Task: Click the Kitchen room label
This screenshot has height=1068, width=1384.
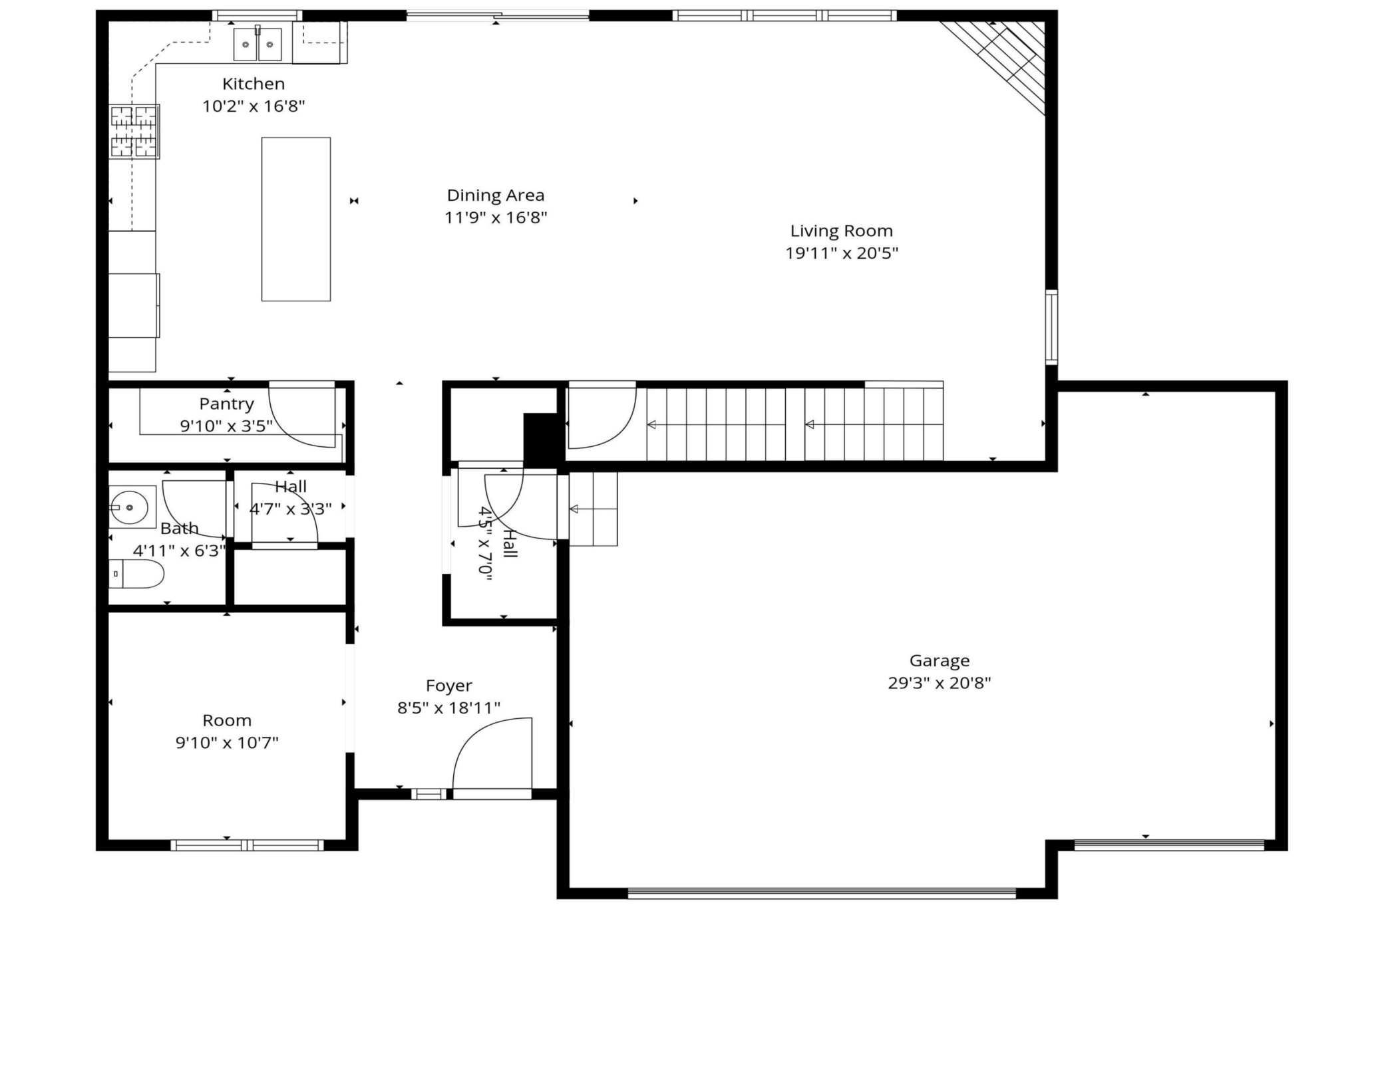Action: [x=254, y=84]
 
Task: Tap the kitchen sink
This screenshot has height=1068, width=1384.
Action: [x=258, y=45]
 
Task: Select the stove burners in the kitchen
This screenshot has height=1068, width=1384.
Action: [x=134, y=132]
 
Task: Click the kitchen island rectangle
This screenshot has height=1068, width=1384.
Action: [x=296, y=219]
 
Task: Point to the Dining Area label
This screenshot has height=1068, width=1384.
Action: [x=496, y=196]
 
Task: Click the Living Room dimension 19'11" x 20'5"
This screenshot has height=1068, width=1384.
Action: [x=842, y=253]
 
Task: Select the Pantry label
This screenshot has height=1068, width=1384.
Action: [x=226, y=404]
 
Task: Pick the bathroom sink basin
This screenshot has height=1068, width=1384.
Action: [x=130, y=507]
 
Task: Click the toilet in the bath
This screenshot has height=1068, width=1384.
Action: [x=136, y=574]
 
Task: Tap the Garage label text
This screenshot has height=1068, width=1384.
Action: [x=940, y=661]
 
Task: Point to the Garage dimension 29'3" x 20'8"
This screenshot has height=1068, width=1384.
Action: [x=940, y=683]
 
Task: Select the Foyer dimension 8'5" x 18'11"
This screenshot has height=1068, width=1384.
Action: [x=449, y=708]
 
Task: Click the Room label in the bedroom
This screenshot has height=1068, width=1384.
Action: [x=227, y=721]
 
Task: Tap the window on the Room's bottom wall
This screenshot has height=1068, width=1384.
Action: [x=247, y=845]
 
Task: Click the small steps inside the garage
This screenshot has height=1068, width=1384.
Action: [x=593, y=509]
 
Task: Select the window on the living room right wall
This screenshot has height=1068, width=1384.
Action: [x=1051, y=327]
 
